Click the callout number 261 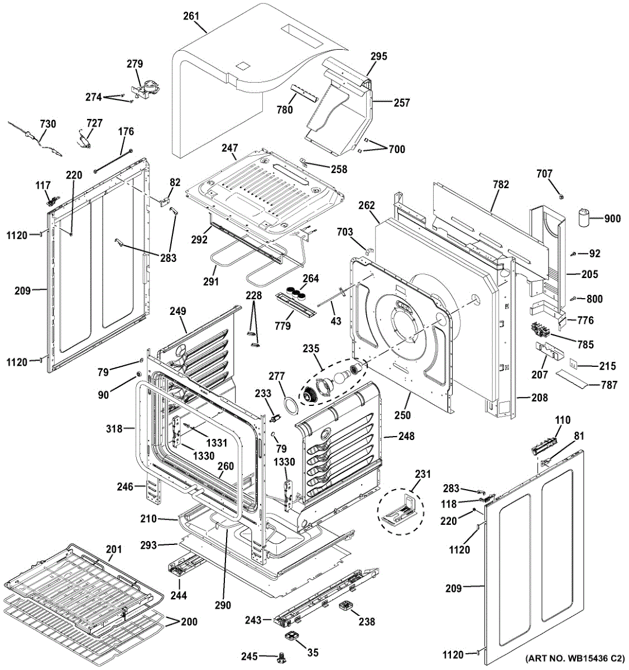click(x=191, y=16)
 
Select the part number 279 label click(x=135, y=64)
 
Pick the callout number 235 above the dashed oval click(x=311, y=349)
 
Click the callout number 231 click(x=423, y=474)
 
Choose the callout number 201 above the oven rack click(x=113, y=550)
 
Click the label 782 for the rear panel click(x=501, y=184)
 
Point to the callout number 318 click(x=114, y=429)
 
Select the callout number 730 click(x=47, y=123)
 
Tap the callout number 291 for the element click(x=210, y=281)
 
